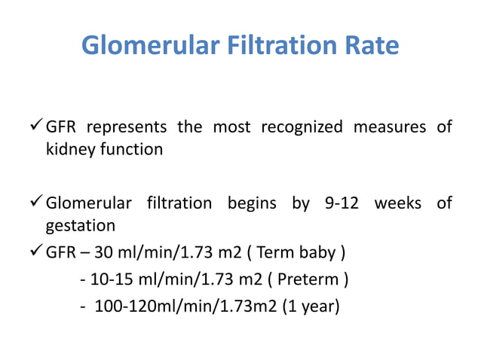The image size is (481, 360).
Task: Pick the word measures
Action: click(384, 127)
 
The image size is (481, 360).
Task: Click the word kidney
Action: click(69, 149)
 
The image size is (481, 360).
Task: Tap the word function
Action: click(130, 149)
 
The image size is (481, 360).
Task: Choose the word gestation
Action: click(81, 226)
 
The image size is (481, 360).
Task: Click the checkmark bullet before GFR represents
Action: click(35, 127)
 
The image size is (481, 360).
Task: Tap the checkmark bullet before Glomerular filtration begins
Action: click(35, 203)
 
